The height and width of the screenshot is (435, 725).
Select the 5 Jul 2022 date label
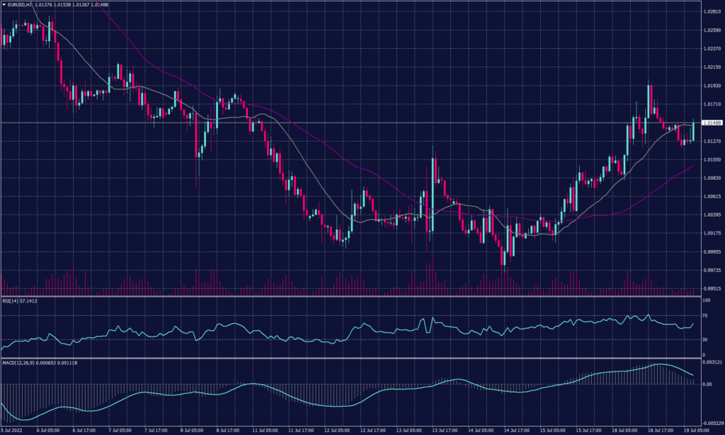[13, 431]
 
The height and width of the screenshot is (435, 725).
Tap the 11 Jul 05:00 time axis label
[264, 431]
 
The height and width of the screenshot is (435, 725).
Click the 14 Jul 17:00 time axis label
[517, 431]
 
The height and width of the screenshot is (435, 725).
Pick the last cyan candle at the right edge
[694, 130]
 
